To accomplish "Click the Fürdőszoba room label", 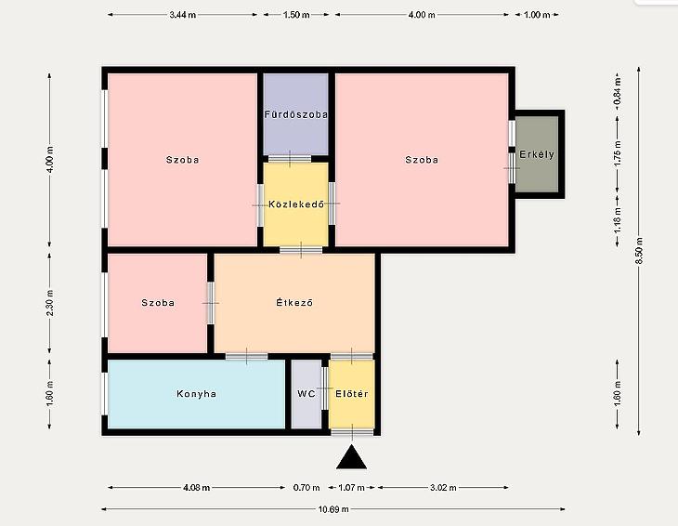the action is coord(296,114).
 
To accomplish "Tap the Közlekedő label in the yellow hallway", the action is coord(296,204).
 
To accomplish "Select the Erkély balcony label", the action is coord(537,154).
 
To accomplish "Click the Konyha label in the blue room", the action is coord(196,394).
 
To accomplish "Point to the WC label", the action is coord(306,394).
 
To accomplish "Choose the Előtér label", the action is coord(352,394).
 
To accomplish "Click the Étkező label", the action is coord(294,302).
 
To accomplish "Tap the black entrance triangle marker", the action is coord(352,457).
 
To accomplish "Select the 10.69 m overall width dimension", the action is coord(333,509).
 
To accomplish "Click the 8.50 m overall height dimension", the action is coord(640,251).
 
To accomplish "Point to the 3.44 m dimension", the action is coord(182,15).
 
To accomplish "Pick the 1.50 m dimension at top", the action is coord(296,15).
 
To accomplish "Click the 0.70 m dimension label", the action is coord(306,488).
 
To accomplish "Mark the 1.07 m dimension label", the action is coord(351,488).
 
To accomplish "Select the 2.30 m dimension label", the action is coord(50,303).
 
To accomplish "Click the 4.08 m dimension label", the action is coord(196,488).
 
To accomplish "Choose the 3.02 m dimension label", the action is coord(443,488).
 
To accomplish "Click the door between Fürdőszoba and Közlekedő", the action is coord(290,159).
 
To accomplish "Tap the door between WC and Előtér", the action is coord(325,388).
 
